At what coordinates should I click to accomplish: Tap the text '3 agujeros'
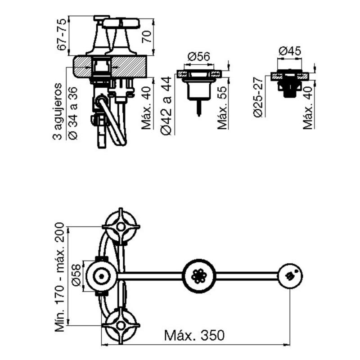click(58, 111)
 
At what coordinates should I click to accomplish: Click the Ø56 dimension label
click(199, 57)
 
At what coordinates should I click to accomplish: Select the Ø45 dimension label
click(289, 51)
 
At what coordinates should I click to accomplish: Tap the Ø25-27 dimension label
click(257, 98)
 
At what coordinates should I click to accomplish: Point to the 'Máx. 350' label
click(194, 336)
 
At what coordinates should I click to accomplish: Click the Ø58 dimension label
click(76, 275)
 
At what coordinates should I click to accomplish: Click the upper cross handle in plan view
click(121, 225)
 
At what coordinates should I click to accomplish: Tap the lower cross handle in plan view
click(121, 325)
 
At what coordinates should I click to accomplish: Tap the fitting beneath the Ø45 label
click(290, 82)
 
